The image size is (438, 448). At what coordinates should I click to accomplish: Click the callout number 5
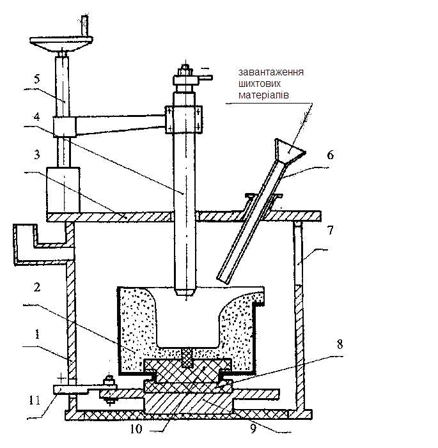37,79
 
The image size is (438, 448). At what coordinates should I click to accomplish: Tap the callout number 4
36,116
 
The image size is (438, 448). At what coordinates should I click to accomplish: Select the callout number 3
37,155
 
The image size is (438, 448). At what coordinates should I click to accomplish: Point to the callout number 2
37,287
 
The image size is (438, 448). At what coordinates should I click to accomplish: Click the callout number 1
37,334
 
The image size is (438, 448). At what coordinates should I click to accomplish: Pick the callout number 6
330,155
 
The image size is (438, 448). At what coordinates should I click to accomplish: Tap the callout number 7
330,230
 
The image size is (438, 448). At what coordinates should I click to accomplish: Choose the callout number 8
340,344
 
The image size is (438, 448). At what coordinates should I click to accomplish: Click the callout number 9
253,429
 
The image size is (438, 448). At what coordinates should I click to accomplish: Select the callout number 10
136,429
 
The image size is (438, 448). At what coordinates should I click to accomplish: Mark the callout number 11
35,400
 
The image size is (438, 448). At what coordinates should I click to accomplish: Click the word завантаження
271,72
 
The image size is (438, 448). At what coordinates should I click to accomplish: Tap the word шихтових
260,84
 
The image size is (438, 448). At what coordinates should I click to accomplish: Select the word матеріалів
263,95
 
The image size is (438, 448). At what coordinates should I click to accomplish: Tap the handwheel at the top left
61,42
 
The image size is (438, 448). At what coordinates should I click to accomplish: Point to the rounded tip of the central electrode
186,292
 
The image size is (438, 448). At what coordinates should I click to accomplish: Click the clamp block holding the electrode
184,120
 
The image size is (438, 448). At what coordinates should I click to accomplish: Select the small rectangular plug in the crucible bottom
187,358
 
